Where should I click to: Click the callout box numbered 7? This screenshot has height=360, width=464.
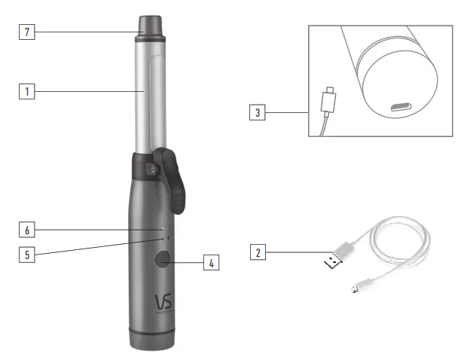pyautogui.click(x=26, y=32)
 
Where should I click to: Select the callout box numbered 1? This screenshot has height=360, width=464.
pyautogui.click(x=26, y=91)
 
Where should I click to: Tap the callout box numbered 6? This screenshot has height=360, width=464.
pyautogui.click(x=26, y=228)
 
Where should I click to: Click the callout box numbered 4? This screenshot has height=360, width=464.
pyautogui.click(x=212, y=263)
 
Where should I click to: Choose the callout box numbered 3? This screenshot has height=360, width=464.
pyautogui.click(x=258, y=114)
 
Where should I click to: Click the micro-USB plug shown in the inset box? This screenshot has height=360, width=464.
pyautogui.click(x=328, y=99)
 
